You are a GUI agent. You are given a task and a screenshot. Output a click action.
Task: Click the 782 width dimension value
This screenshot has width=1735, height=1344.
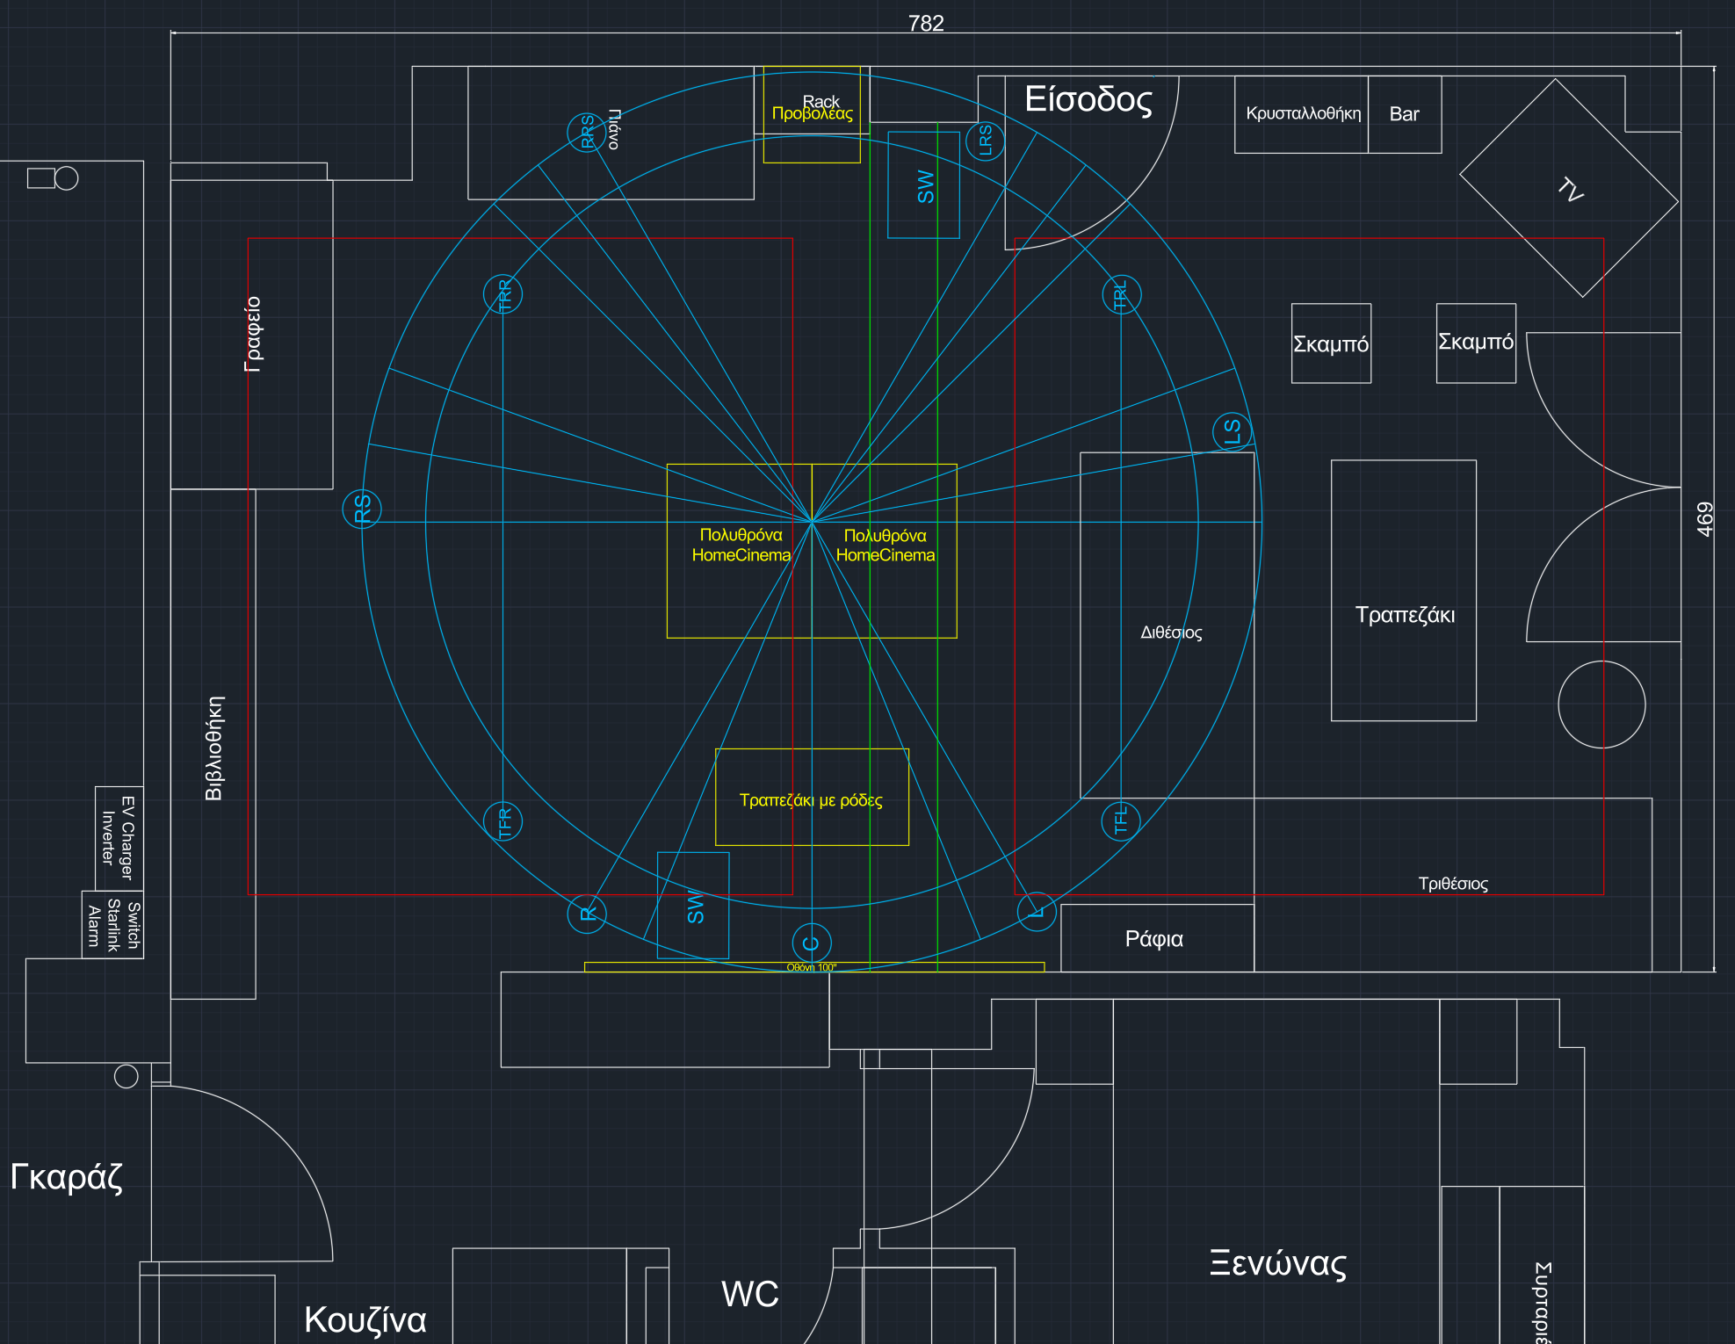click(926, 24)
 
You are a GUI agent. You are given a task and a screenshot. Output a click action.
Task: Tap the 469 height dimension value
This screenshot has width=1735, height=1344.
click(1704, 519)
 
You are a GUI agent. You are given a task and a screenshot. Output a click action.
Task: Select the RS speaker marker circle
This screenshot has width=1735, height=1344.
click(362, 509)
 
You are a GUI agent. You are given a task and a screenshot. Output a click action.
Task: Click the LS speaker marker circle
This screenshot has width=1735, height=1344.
click(1232, 431)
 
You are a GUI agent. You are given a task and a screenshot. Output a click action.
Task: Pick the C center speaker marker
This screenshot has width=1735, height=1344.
click(812, 943)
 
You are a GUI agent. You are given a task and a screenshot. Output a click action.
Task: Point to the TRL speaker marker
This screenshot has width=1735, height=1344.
click(1121, 294)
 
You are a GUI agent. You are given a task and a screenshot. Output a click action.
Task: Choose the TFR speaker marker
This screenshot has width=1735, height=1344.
click(503, 822)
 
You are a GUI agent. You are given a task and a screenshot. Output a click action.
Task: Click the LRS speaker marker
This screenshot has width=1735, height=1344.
click(985, 141)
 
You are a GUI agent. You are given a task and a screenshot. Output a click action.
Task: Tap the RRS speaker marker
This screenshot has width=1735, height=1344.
click(586, 133)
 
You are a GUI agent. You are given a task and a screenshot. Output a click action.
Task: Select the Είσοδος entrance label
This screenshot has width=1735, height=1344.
click(1088, 99)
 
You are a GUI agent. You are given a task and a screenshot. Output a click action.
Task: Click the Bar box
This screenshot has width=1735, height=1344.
click(1404, 114)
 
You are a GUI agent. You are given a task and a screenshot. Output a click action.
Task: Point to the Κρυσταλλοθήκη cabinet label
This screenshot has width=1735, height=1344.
click(1303, 113)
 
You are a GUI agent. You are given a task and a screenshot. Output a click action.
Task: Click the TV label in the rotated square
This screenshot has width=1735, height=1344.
click(1570, 189)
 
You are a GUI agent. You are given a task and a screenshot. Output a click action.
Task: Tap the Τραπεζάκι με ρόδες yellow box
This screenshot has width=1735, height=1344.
click(812, 798)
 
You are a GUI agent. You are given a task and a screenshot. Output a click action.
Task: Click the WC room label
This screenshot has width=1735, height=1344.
click(749, 1294)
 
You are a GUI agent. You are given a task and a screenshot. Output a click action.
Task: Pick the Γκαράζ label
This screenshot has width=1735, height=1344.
click(67, 1176)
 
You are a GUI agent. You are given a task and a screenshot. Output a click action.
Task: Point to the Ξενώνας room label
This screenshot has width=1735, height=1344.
click(1277, 1263)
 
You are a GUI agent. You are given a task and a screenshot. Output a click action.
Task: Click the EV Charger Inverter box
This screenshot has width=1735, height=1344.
click(119, 837)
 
